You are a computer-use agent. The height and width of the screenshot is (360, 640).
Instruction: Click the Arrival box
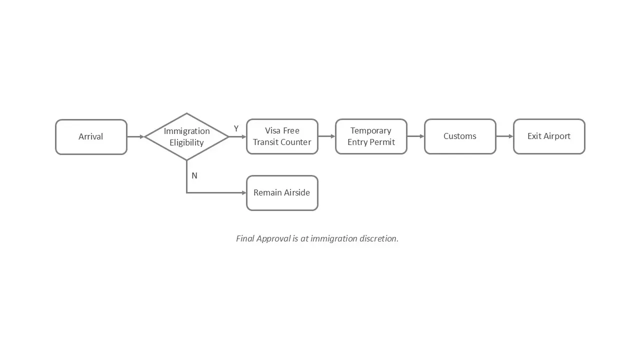click(x=91, y=136)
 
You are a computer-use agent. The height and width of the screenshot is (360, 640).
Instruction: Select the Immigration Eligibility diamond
click(x=186, y=136)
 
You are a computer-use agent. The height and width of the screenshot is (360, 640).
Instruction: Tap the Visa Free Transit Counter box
click(x=282, y=136)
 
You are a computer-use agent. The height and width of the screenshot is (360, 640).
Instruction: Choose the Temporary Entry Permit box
click(x=371, y=136)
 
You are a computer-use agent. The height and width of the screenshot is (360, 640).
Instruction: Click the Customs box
click(x=460, y=136)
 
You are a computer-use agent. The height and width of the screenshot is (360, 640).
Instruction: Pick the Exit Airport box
click(x=549, y=136)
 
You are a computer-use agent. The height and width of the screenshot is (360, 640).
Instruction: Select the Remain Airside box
click(x=282, y=192)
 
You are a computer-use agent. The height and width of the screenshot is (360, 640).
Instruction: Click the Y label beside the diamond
click(x=236, y=128)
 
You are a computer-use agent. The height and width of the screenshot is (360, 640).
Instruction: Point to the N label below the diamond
click(x=194, y=175)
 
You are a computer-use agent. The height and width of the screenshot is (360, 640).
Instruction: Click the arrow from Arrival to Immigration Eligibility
click(x=135, y=136)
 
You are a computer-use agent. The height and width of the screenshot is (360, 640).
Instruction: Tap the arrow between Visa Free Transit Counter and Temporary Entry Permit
click(x=326, y=136)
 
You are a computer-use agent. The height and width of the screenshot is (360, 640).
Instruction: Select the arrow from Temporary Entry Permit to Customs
click(x=415, y=136)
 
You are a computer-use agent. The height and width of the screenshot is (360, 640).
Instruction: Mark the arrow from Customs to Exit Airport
click(x=504, y=136)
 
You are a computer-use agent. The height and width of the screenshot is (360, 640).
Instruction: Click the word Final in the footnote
click(x=245, y=238)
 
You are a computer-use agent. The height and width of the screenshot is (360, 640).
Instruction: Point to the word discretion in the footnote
click(x=378, y=238)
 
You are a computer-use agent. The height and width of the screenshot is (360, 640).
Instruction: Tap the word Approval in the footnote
click(x=273, y=238)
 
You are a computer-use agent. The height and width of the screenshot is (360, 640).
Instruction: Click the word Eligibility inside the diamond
click(x=186, y=142)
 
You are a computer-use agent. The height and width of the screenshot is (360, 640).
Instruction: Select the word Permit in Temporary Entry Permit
click(x=382, y=142)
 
